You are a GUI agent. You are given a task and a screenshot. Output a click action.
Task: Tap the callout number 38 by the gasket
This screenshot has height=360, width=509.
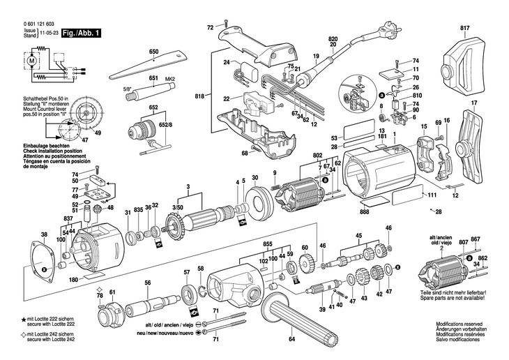45,234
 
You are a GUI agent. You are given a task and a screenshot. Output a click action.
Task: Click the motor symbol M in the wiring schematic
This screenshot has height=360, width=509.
32,62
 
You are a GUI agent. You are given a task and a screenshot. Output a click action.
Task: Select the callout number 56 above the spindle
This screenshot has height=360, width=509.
147,283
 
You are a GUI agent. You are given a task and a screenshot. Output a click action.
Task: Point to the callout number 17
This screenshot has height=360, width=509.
474,104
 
